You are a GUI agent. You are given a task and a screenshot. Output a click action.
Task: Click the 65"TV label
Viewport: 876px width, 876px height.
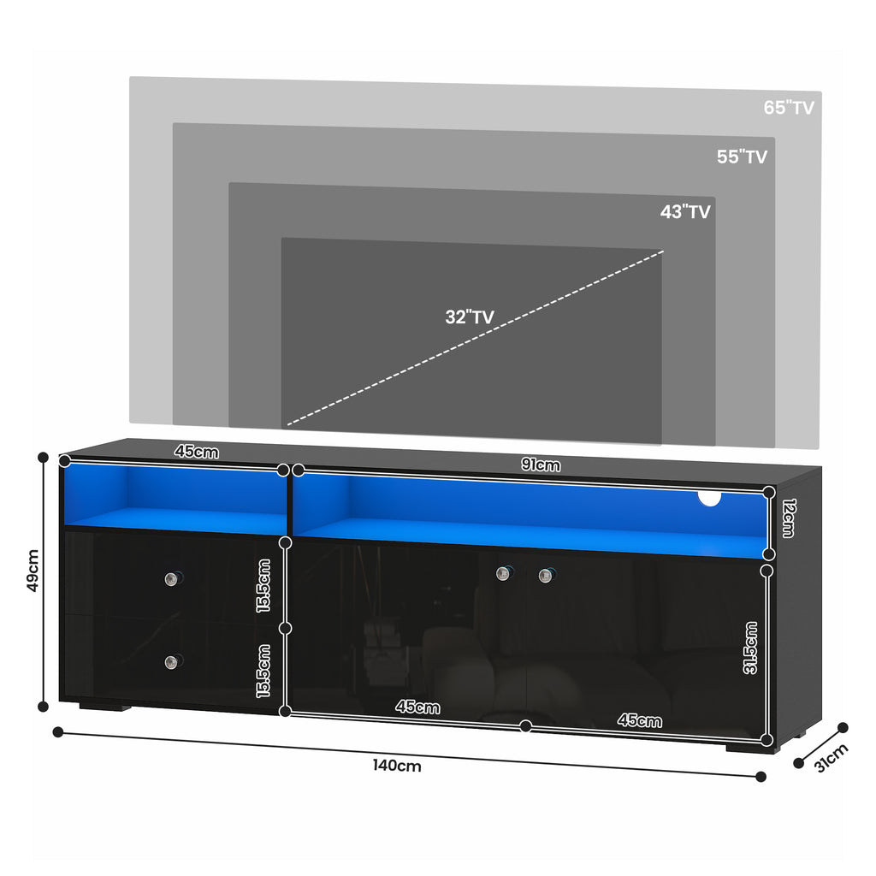pyautogui.click(x=788, y=107)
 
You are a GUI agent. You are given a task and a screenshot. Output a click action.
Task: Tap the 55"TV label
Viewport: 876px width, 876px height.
pyautogui.click(x=742, y=157)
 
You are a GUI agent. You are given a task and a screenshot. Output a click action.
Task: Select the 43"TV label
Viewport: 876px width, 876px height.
pyautogui.click(x=685, y=212)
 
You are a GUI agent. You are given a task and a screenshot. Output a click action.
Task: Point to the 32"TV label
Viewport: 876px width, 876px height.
pyautogui.click(x=470, y=317)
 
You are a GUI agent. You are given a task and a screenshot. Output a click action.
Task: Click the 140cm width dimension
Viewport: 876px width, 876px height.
pyautogui.click(x=397, y=766)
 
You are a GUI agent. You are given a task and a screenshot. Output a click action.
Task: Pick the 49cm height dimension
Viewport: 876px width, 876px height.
pyautogui.click(x=33, y=571)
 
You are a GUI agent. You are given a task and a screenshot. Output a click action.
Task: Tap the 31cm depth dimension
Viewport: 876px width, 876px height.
pyautogui.click(x=832, y=758)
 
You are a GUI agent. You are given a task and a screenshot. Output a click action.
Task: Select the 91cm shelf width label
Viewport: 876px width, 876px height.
pyautogui.click(x=541, y=465)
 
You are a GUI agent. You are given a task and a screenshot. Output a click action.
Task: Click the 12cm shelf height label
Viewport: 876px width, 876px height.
pyautogui.click(x=788, y=518)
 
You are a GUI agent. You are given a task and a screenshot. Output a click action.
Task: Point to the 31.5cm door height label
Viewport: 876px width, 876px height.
pyautogui.click(x=750, y=648)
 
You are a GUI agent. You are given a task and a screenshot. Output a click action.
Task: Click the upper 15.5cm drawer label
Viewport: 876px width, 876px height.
pyautogui.click(x=263, y=585)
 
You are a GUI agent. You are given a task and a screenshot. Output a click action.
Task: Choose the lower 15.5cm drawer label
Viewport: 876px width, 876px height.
pyautogui.click(x=263, y=671)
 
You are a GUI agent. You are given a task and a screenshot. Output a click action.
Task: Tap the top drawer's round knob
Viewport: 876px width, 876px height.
pyautogui.click(x=172, y=579)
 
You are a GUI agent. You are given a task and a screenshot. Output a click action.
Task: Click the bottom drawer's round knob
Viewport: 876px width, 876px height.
pyautogui.click(x=172, y=662)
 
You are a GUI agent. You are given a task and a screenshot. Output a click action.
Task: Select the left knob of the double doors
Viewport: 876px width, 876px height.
pyautogui.click(x=503, y=573)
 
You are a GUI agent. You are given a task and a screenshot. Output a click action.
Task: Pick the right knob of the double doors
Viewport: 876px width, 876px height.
pyautogui.click(x=546, y=575)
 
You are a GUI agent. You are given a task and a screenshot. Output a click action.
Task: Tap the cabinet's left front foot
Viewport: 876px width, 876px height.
pyautogui.click(x=105, y=707)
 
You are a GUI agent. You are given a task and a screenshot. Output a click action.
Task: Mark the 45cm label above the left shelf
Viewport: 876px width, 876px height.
pyautogui.click(x=196, y=452)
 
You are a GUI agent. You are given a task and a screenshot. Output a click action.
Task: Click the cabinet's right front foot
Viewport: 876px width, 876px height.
pyautogui.click(x=749, y=747)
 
